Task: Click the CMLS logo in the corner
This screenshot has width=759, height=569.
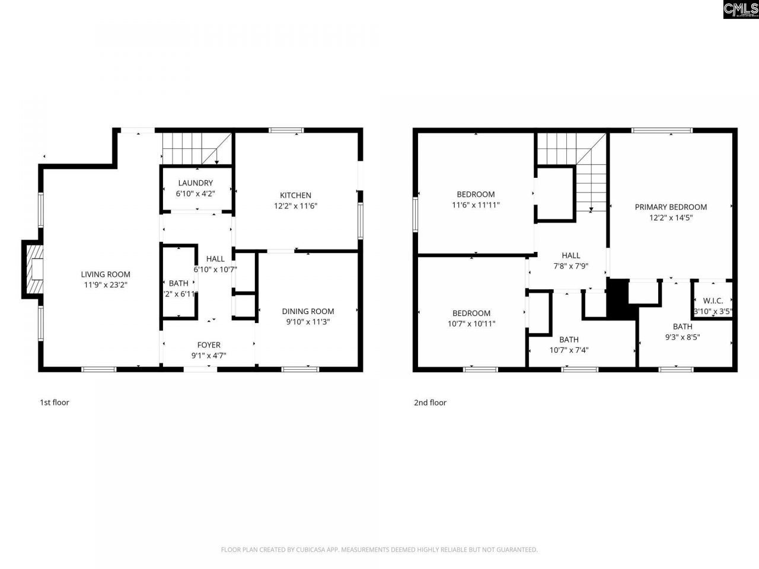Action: click(740, 9)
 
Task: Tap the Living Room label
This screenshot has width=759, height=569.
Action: click(106, 274)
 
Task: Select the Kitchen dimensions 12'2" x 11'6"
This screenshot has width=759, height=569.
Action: click(296, 206)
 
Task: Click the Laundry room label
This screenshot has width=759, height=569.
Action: click(195, 183)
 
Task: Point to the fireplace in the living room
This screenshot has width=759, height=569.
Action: click(33, 268)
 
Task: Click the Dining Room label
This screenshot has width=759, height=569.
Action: click(308, 311)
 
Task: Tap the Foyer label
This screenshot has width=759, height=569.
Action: click(209, 345)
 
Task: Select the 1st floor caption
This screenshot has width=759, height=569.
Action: click(55, 402)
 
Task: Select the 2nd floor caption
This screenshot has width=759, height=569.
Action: click(430, 402)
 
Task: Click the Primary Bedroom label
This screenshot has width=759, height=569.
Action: click(671, 207)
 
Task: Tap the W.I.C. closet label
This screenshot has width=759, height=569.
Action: click(713, 301)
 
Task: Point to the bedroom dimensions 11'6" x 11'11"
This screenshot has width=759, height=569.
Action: click(476, 205)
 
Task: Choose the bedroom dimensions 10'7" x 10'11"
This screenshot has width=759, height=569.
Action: click(471, 324)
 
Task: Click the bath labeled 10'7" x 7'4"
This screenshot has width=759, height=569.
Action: click(569, 340)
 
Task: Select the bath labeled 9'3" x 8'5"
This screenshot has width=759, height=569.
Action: click(683, 327)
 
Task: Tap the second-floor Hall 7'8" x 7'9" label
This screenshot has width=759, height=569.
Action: click(571, 255)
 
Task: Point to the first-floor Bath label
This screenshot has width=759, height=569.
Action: click(178, 283)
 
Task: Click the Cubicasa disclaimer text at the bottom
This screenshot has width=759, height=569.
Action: click(379, 549)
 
